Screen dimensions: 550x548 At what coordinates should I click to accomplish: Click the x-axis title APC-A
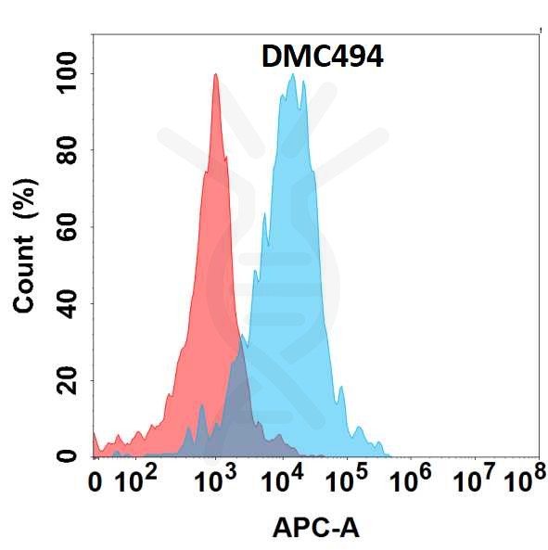click(x=316, y=529)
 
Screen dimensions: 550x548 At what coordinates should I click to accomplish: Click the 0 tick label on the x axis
click(x=95, y=483)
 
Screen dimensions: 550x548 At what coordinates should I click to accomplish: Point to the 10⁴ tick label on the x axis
click(x=284, y=481)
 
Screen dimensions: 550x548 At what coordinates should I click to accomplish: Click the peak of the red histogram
click(x=215, y=75)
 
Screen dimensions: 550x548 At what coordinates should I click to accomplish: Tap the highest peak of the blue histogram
click(x=293, y=75)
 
